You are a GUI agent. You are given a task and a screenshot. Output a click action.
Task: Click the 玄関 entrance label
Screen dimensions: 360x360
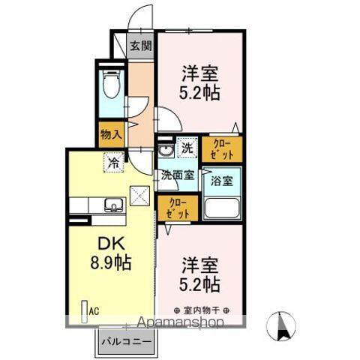140,46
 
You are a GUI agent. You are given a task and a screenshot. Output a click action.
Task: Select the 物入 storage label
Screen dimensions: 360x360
111,134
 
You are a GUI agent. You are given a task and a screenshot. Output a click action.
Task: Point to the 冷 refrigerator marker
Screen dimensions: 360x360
114,160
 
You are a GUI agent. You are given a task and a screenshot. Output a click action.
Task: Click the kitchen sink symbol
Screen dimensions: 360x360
114,204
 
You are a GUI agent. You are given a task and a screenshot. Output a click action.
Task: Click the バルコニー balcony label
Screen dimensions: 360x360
127,341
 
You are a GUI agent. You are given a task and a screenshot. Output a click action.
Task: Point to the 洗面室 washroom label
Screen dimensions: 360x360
177,175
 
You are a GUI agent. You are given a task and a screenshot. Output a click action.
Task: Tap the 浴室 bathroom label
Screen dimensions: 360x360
223,181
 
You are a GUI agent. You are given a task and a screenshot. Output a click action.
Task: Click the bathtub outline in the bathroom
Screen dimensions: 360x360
223,207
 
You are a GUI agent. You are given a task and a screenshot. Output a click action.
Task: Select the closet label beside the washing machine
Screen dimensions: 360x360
223,148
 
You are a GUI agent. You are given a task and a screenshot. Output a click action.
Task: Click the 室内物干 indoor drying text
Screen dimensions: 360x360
200,309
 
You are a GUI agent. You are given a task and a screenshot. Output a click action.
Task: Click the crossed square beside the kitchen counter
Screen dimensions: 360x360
140,196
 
